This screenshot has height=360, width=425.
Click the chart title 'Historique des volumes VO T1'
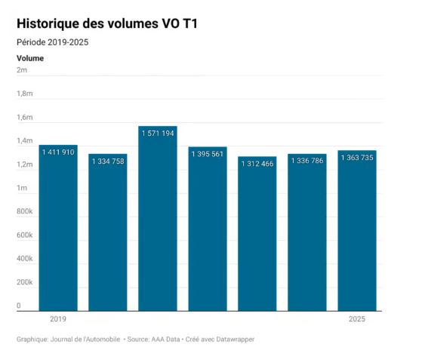tap(106, 24)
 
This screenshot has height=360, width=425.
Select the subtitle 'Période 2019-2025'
tap(52, 42)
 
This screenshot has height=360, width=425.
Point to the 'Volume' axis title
tap(30, 58)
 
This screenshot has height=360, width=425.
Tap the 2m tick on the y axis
tap(22, 70)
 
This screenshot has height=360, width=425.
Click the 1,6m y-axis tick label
tap(24, 117)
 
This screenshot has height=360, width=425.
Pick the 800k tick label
tap(24, 211)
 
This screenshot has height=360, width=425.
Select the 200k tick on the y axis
tap(24, 282)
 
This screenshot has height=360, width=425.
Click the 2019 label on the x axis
tap(57, 320)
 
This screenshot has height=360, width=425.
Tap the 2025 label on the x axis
tap(357, 320)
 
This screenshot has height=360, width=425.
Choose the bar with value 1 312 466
tap(257, 242)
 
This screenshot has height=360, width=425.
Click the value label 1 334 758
tap(107, 161)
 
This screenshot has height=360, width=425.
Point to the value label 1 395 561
tap(207, 154)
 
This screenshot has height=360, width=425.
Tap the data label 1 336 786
tap(307, 161)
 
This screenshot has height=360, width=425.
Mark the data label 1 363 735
tap(357, 158)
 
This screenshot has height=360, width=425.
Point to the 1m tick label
tap(22, 188)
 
